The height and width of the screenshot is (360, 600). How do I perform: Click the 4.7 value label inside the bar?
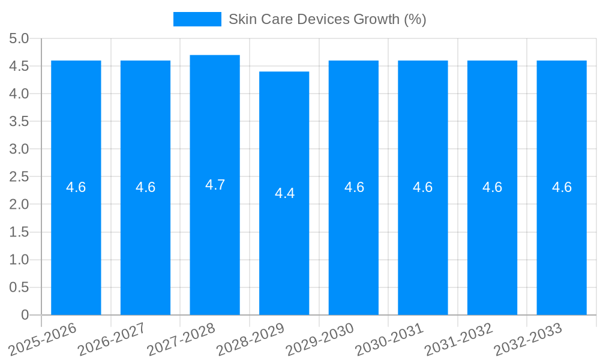coord(215,185)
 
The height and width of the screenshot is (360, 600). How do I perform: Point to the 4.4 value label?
coord(284,193)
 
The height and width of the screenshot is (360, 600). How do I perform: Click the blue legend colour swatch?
coord(197,19)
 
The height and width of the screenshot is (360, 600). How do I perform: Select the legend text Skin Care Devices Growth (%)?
coord(327,19)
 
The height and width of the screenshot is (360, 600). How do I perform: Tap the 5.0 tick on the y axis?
coord(19,39)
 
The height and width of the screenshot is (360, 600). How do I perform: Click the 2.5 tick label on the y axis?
coord(19,177)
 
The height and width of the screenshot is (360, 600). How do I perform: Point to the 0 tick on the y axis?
coord(25,315)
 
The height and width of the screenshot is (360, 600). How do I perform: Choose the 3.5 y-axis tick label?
coord(19,122)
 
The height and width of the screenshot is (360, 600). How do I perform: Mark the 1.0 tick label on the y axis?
coord(19,260)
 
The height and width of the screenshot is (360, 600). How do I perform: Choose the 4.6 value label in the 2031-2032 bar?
coord(492,187)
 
